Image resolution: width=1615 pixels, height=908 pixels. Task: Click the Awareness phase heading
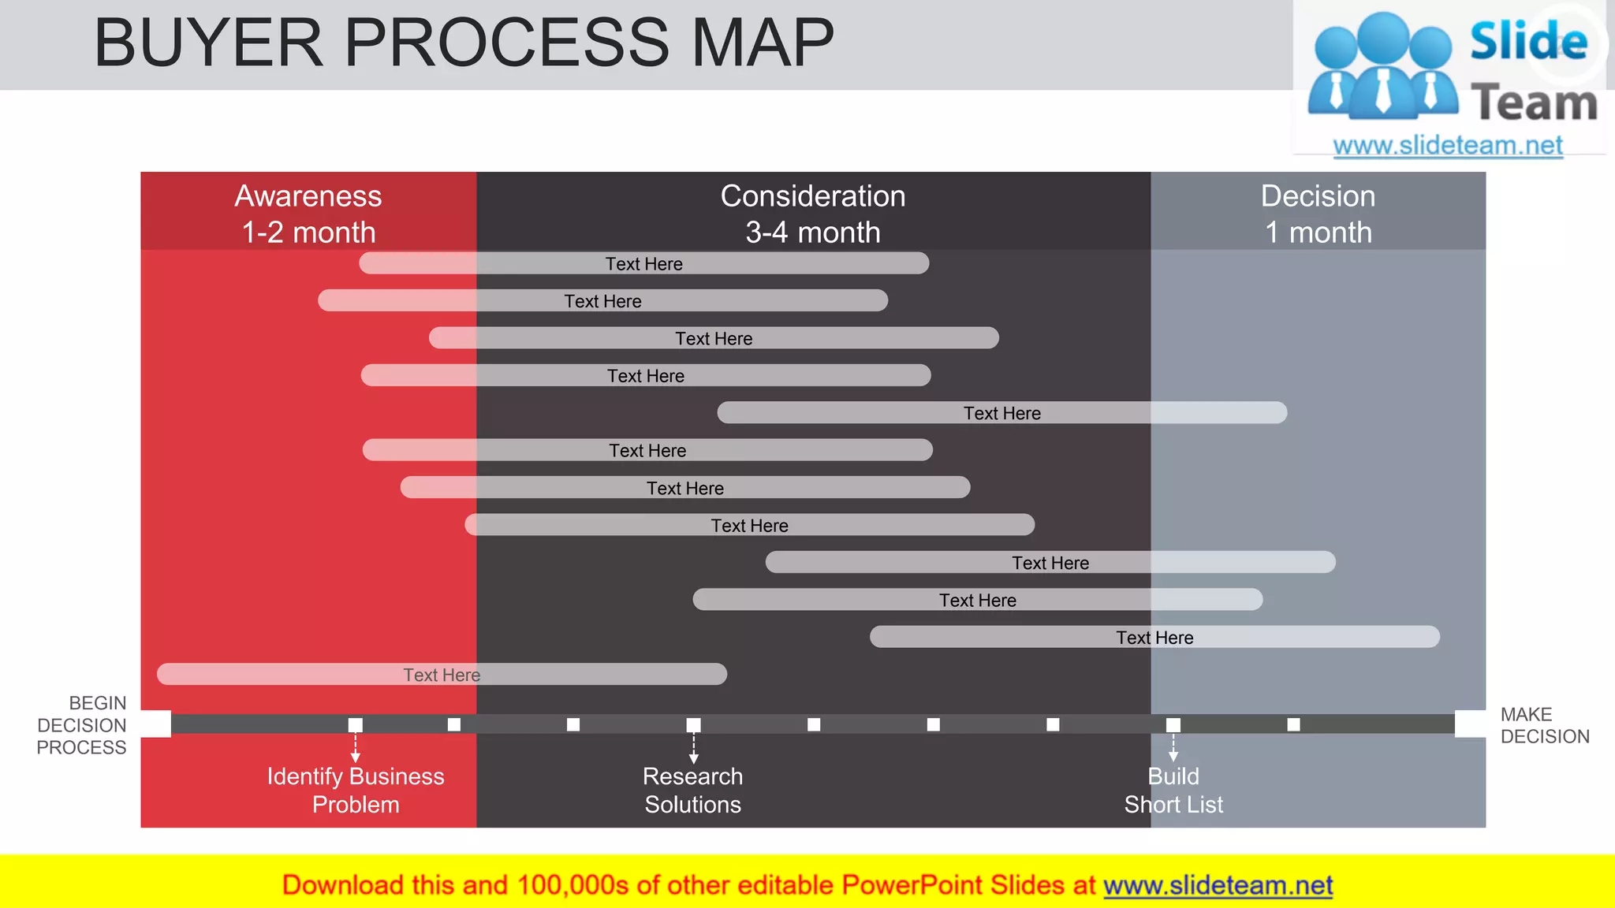pos(308,214)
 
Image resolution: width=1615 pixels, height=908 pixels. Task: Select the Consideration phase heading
pos(813,214)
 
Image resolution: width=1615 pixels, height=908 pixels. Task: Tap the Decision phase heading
pos(1318,214)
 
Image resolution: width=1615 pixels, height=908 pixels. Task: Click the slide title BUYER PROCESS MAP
pos(464,43)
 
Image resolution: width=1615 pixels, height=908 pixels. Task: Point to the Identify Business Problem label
pos(356,790)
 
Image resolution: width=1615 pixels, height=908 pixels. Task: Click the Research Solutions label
pos(693,790)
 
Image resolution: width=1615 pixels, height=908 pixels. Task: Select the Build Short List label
pos(1173,790)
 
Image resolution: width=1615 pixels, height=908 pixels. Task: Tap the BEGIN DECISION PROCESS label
pos(82,725)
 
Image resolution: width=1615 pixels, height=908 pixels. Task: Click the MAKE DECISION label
pos(1544,725)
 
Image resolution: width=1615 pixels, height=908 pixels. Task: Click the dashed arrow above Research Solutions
pos(694,747)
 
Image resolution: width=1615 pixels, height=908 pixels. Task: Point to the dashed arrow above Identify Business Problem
pos(356,747)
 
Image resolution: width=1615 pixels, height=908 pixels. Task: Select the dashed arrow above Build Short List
pos(1173,747)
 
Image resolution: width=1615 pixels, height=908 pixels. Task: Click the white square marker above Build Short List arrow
pos(1173,725)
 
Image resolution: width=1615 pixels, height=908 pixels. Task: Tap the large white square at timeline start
pos(156,724)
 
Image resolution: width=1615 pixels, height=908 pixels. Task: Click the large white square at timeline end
pos(1470,724)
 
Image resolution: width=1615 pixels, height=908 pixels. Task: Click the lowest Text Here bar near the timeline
pos(442,675)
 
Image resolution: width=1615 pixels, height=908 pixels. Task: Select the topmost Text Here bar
pos(643,263)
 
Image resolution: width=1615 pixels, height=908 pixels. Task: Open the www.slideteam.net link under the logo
pos(1448,146)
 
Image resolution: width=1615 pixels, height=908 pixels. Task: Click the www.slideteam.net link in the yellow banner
pos(1218,886)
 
